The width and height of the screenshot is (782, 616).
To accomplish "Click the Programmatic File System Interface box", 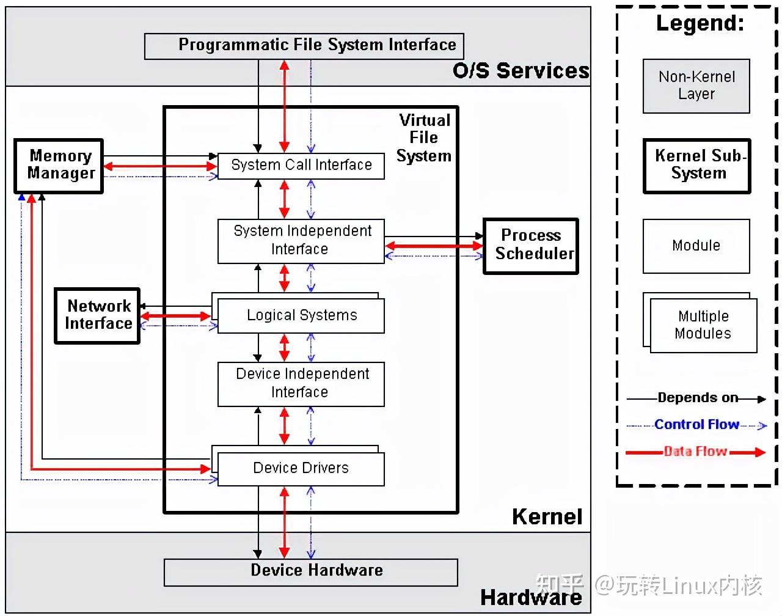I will (304, 46).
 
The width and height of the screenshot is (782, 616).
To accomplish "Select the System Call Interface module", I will (301, 166).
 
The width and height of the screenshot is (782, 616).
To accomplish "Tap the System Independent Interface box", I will (301, 241).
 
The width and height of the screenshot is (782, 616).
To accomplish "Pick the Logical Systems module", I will (301, 315).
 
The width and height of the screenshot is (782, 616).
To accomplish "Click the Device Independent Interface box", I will (301, 383).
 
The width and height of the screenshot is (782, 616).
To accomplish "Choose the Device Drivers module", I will (301, 469).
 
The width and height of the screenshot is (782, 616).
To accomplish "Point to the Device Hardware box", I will (310, 571).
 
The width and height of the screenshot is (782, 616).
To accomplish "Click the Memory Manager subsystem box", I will (59, 166).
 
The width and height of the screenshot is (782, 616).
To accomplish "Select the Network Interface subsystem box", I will (97, 315).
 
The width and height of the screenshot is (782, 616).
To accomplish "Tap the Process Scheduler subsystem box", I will (530, 246).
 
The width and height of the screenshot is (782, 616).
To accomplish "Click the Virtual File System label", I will (424, 138).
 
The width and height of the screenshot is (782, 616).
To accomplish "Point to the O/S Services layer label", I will (521, 71).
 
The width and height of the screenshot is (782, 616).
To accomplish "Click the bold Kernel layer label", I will (547, 517).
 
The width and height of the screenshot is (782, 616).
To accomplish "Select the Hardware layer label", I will (530, 598).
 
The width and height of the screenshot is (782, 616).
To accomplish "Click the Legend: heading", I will (700, 23).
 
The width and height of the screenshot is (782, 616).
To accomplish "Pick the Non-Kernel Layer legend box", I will (696, 86).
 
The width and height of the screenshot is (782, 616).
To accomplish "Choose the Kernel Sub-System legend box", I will (696, 166).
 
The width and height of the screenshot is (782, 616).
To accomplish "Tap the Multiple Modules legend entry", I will (703, 324).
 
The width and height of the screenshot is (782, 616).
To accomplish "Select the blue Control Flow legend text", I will (696, 425).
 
